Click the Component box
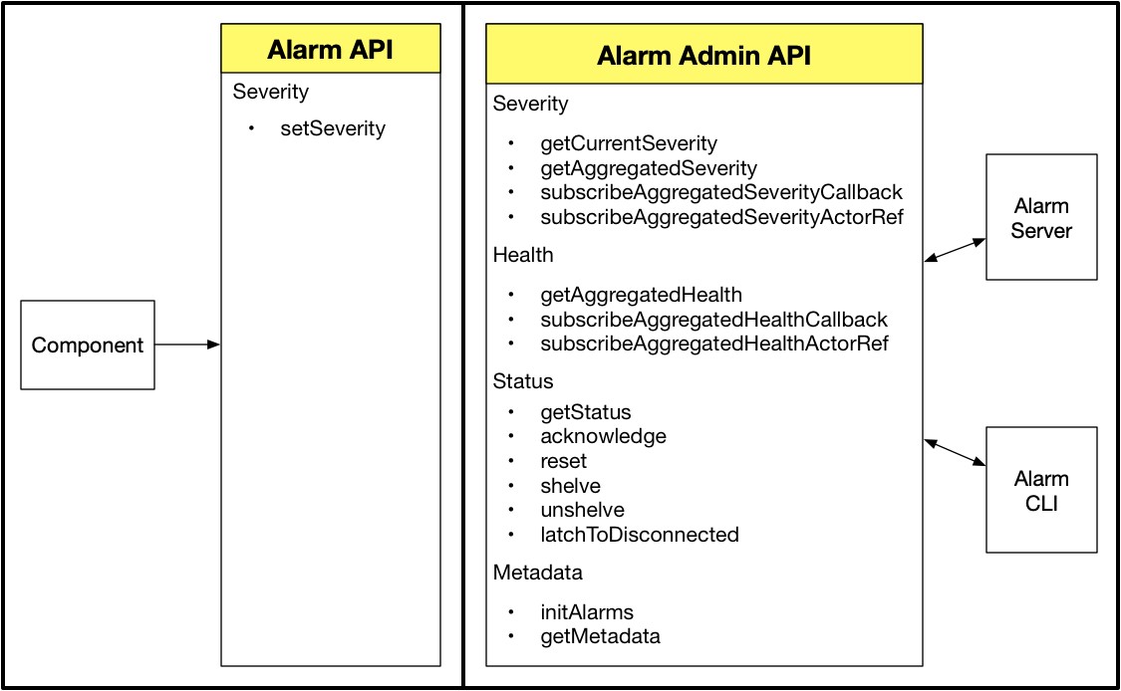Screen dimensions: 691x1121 [x=88, y=345]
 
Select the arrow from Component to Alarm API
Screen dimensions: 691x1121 [x=187, y=345]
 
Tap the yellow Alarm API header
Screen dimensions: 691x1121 [x=331, y=50]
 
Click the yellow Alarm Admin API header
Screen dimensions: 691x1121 [x=703, y=56]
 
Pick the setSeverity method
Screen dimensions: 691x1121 [x=332, y=128]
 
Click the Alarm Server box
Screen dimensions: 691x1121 [x=1041, y=217]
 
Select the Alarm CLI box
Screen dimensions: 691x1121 [x=1041, y=490]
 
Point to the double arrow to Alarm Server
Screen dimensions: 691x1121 [x=955, y=250]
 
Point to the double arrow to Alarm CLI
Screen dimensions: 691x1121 [x=955, y=452]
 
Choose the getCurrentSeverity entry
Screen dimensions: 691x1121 [x=628, y=144]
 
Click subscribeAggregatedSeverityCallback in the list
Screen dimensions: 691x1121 [x=720, y=192]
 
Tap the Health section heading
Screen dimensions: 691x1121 [x=523, y=256]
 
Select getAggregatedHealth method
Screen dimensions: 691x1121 [x=641, y=295]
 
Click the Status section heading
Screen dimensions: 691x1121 [x=523, y=381]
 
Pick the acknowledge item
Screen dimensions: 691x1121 [x=603, y=436]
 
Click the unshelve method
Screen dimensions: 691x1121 [x=582, y=510]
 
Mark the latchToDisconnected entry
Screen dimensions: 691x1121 [x=639, y=535]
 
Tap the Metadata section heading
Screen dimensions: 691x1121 [x=537, y=573]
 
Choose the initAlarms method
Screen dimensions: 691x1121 [x=587, y=612]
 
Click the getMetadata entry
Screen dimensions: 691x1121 [x=600, y=636]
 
